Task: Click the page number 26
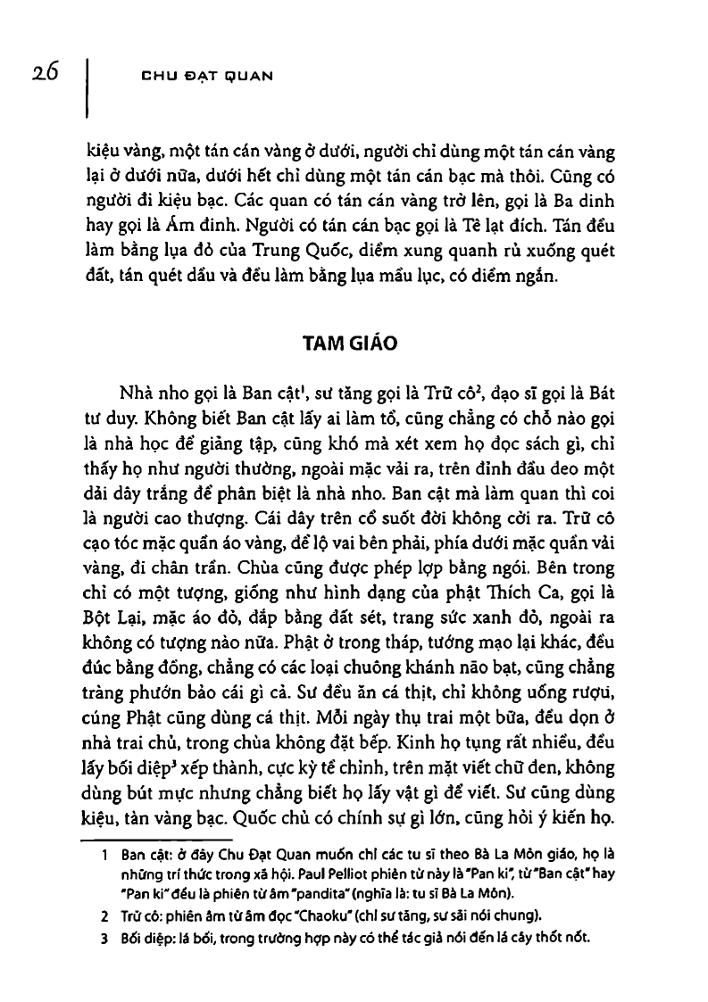[x=41, y=73]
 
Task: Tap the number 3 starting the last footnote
[x=104, y=939]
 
